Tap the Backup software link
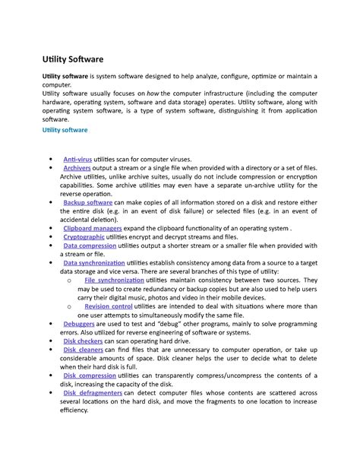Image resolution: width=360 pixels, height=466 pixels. click(x=87, y=203)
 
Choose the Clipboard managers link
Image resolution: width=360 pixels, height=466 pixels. click(x=92, y=227)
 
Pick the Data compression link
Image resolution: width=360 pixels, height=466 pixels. click(x=90, y=246)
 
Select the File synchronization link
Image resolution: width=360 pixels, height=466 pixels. click(x=120, y=281)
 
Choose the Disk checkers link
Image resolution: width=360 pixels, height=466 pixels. click(x=84, y=342)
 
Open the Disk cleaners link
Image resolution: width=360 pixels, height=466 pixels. click(x=84, y=351)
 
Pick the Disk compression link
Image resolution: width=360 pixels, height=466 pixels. click(x=90, y=376)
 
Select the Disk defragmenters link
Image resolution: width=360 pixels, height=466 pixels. click(x=92, y=393)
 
